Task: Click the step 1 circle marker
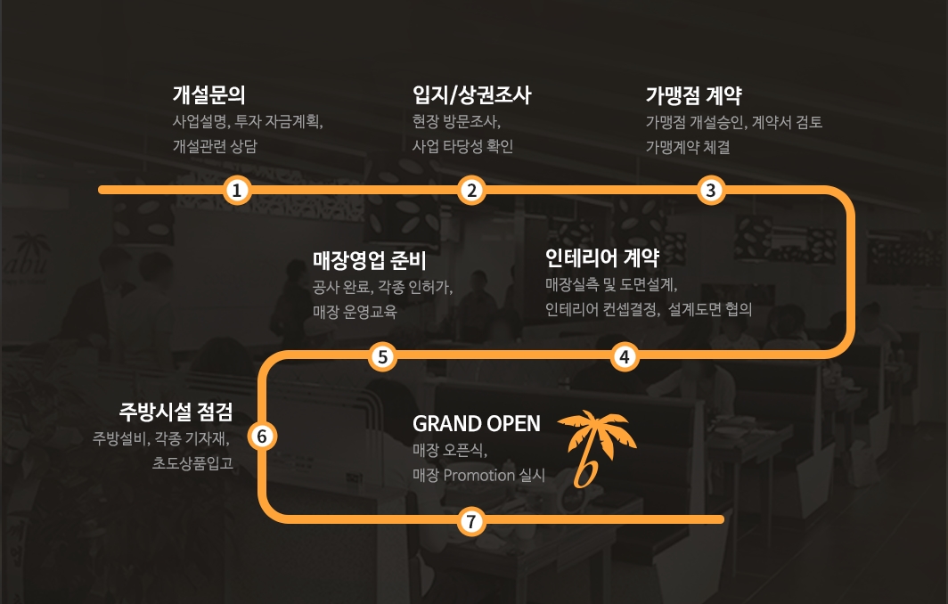236,190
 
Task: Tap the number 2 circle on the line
471,190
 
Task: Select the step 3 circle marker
710,190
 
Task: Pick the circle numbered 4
625,357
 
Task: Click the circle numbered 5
382,357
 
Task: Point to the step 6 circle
262,437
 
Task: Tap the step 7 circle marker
471,521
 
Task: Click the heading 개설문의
208,95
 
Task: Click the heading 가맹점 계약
693,95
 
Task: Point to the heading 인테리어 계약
601,258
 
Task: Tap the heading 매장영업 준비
370,261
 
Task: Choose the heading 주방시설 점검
176,412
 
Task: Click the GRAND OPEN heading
476,423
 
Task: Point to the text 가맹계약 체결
688,148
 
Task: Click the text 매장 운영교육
355,313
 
